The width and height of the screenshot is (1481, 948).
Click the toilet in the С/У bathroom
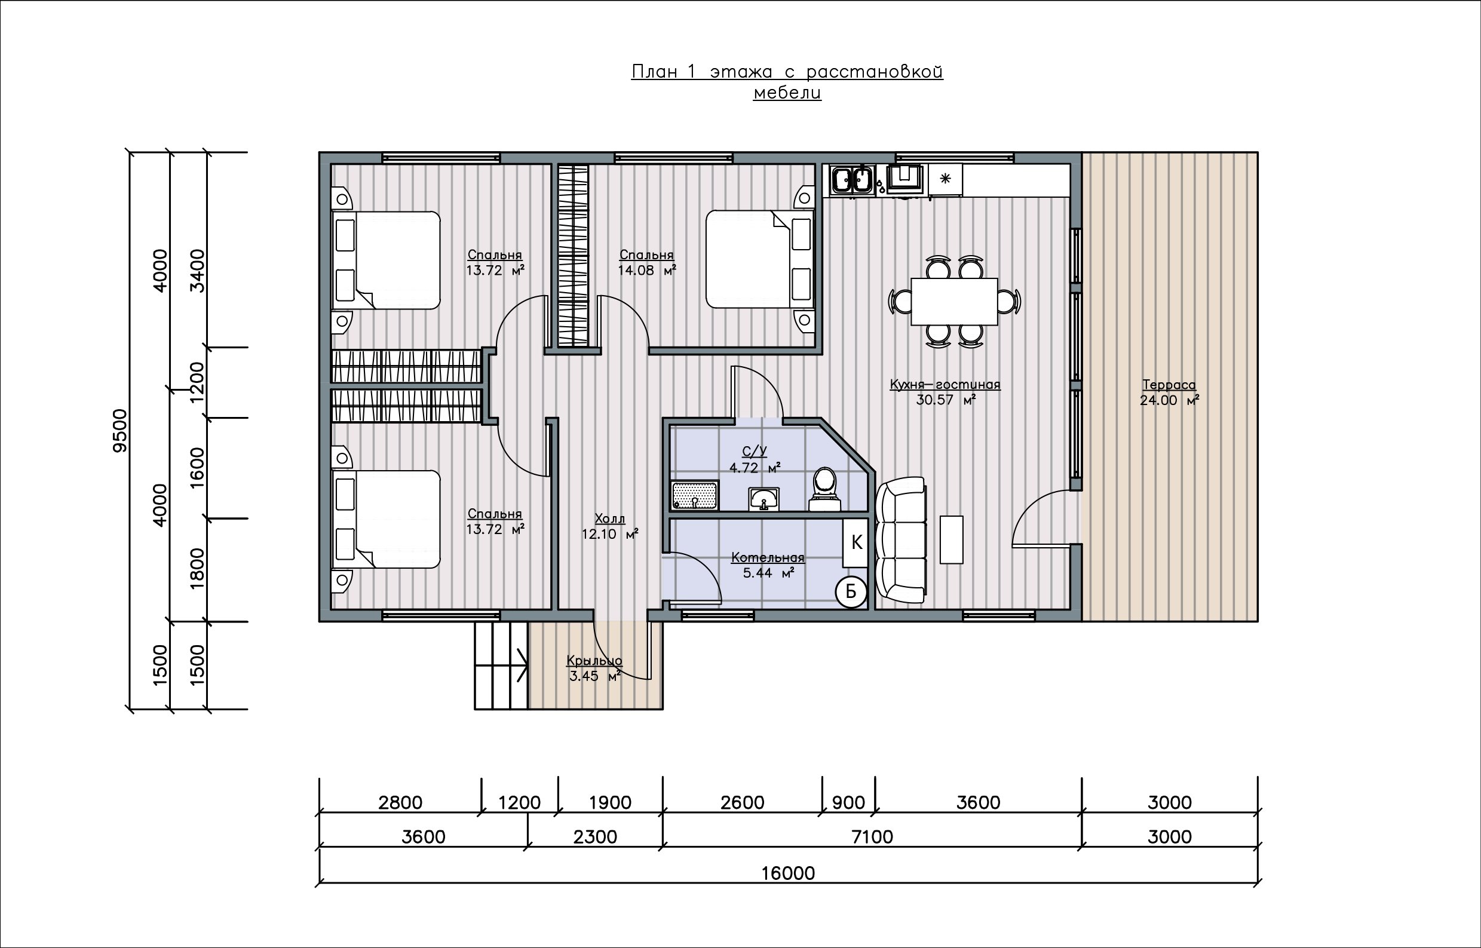click(x=825, y=490)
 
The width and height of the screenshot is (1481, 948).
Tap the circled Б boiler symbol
click(x=851, y=591)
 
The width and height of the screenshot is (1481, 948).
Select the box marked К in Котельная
click(x=856, y=543)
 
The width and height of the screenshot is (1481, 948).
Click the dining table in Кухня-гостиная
click(x=954, y=302)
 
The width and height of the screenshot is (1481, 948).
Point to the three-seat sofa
click(x=901, y=541)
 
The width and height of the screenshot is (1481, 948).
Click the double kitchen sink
click(x=853, y=180)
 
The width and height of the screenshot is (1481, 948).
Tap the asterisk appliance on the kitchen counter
click(x=946, y=179)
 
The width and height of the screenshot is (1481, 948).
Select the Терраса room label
click(x=1169, y=385)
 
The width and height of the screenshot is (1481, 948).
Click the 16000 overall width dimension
click(x=788, y=873)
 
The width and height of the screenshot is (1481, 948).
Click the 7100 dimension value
click(x=872, y=836)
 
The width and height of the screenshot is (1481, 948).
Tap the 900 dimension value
click(x=848, y=803)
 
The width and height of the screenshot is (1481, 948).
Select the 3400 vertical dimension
click(x=197, y=271)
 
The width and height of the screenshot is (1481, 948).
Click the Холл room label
click(x=609, y=519)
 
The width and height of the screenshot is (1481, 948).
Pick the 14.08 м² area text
click(x=647, y=270)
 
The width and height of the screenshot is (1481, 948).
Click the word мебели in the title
click(x=787, y=93)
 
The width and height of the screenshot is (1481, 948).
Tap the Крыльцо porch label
click(x=594, y=661)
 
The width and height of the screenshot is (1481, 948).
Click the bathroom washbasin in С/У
click(x=764, y=499)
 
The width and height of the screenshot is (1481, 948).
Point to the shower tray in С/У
click(x=695, y=496)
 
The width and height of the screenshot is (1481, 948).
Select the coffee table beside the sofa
click(x=952, y=540)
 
